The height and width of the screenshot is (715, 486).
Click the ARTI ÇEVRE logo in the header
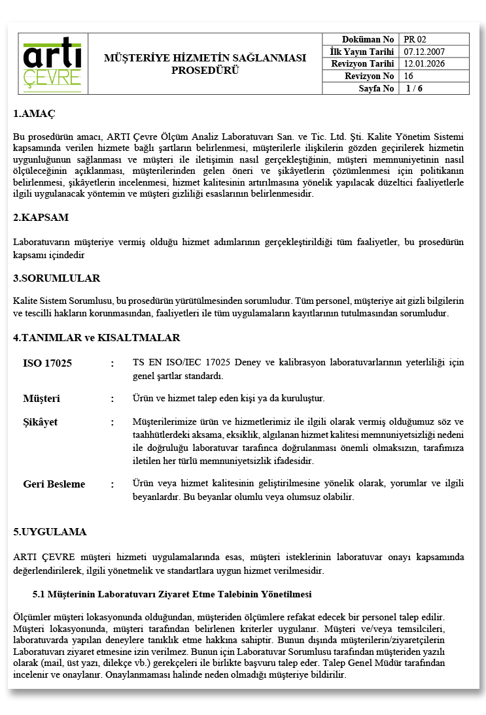[52, 64]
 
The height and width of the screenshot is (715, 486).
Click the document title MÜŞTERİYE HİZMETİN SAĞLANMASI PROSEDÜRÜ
[205, 64]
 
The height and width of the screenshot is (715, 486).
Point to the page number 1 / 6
[414, 88]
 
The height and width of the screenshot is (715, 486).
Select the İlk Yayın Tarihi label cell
[362, 52]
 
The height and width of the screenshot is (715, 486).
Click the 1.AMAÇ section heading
[34, 114]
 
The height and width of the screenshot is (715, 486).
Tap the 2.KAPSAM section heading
[41, 217]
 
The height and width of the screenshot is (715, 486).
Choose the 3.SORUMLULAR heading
[56, 278]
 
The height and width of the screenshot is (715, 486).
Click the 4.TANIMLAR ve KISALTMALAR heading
[96, 338]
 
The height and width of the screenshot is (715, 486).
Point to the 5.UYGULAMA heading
[50, 531]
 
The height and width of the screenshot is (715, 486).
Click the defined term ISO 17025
[47, 363]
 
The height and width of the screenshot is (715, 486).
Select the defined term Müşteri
[41, 398]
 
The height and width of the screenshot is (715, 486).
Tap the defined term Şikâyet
[40, 422]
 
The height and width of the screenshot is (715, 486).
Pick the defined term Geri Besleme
[54, 484]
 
